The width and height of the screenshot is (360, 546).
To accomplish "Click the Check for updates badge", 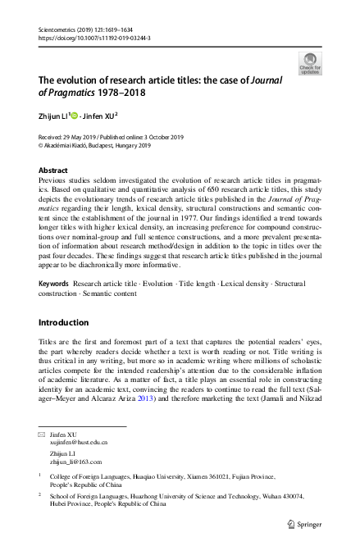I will (x=311, y=62).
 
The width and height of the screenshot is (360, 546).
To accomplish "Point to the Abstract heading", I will (x=53, y=170).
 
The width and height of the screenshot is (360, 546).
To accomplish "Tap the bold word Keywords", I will (x=53, y=282).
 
